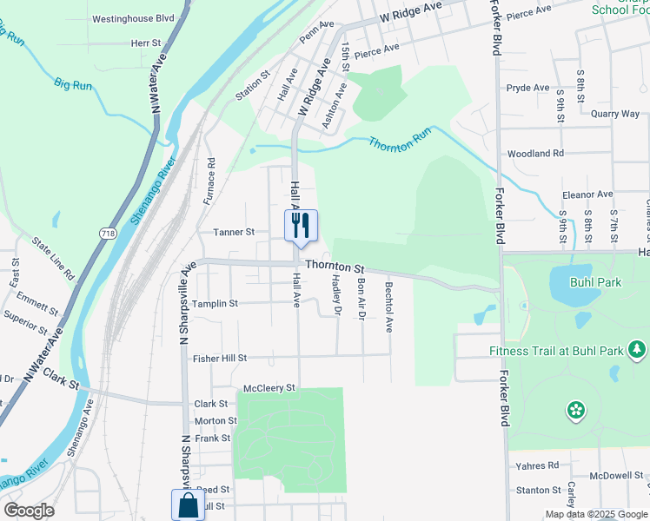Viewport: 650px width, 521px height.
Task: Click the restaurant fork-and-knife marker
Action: tap(301, 226)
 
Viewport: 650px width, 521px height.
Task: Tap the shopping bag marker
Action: tap(188, 505)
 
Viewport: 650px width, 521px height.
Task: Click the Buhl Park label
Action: tap(595, 282)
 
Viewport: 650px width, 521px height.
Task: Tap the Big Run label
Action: tap(73, 84)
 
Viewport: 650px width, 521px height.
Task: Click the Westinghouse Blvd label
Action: tap(133, 18)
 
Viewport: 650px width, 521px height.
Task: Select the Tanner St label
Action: tap(234, 232)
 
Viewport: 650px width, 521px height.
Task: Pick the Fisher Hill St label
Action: tap(220, 358)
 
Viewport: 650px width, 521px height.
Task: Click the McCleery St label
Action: tap(269, 387)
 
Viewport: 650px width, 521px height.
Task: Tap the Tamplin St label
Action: tap(215, 303)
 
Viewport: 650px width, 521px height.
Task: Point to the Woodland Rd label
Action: tap(535, 154)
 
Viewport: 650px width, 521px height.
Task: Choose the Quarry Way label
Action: tap(614, 114)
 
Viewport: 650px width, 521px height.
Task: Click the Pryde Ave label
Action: tap(527, 88)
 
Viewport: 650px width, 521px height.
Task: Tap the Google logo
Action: tap(29, 511)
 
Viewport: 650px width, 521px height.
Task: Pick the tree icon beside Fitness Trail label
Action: tap(638, 349)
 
